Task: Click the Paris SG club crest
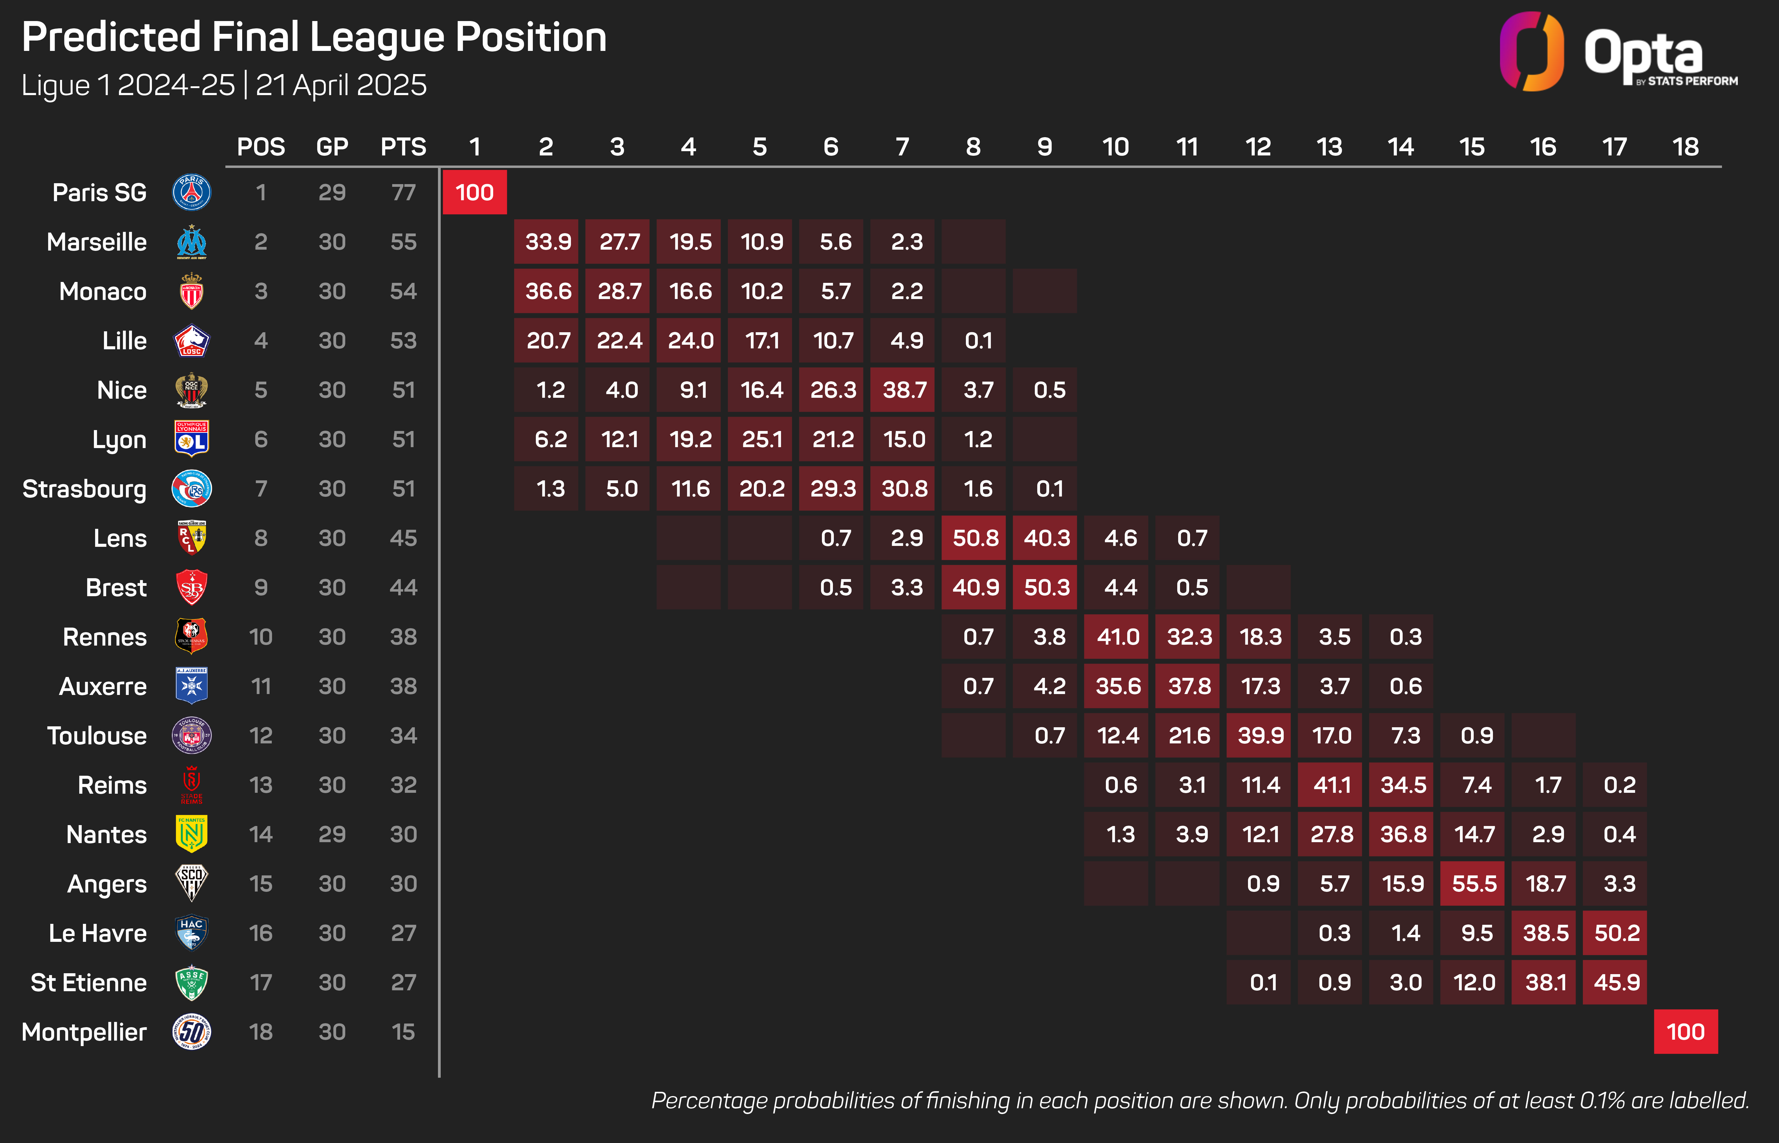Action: (x=192, y=192)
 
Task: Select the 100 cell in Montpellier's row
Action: (x=1685, y=1032)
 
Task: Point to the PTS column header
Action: (x=403, y=147)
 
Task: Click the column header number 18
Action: (x=1685, y=147)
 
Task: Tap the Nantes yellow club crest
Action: (x=192, y=834)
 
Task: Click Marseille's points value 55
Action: (x=403, y=242)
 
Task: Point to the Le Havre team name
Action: (x=97, y=933)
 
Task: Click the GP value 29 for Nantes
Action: (x=332, y=834)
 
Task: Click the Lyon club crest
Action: (x=192, y=440)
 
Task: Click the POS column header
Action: (x=261, y=147)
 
